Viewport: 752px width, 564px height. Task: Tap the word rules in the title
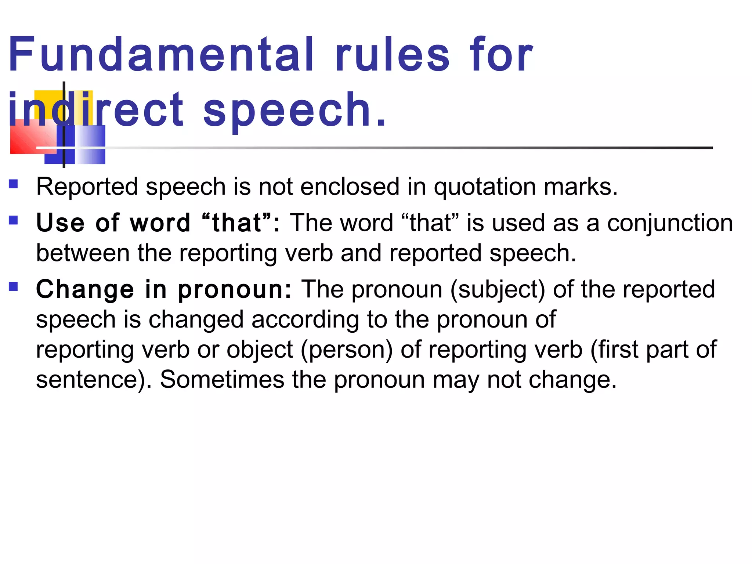coord(392,55)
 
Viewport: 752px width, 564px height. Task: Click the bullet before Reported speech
coord(14,184)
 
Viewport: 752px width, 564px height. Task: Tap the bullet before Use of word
coord(14,220)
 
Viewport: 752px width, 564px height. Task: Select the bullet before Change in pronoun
coord(14,286)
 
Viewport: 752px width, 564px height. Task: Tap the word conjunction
coord(670,223)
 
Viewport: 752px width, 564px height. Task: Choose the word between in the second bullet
coord(83,253)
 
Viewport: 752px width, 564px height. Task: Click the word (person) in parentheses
coord(347,350)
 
